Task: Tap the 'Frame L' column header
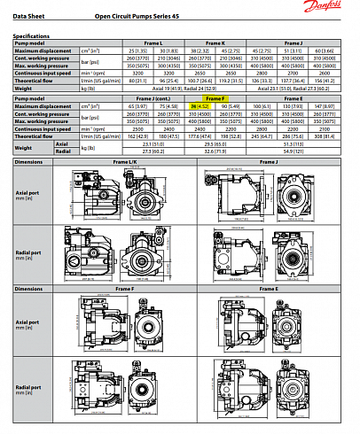pos(152,43)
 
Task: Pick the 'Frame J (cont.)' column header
pos(153,99)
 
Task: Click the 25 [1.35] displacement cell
pos(137,50)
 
